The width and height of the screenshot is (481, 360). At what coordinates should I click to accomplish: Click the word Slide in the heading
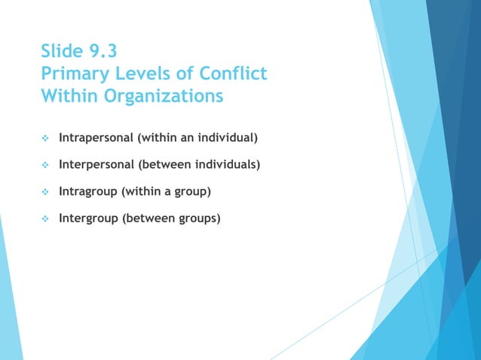point(63,52)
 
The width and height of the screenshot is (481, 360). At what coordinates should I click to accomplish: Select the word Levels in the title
point(149,75)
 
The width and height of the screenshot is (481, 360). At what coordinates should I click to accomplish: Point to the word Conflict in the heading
point(233,75)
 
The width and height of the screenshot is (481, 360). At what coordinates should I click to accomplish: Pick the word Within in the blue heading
point(68,97)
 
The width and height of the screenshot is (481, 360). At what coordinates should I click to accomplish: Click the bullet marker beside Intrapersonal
point(44,139)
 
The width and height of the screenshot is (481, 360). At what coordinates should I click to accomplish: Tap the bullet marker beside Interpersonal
point(44,165)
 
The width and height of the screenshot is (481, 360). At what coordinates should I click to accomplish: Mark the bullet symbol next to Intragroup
point(44,192)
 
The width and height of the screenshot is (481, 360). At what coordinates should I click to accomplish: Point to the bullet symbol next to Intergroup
point(44,220)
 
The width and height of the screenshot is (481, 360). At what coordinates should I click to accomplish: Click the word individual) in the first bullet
point(229,139)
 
